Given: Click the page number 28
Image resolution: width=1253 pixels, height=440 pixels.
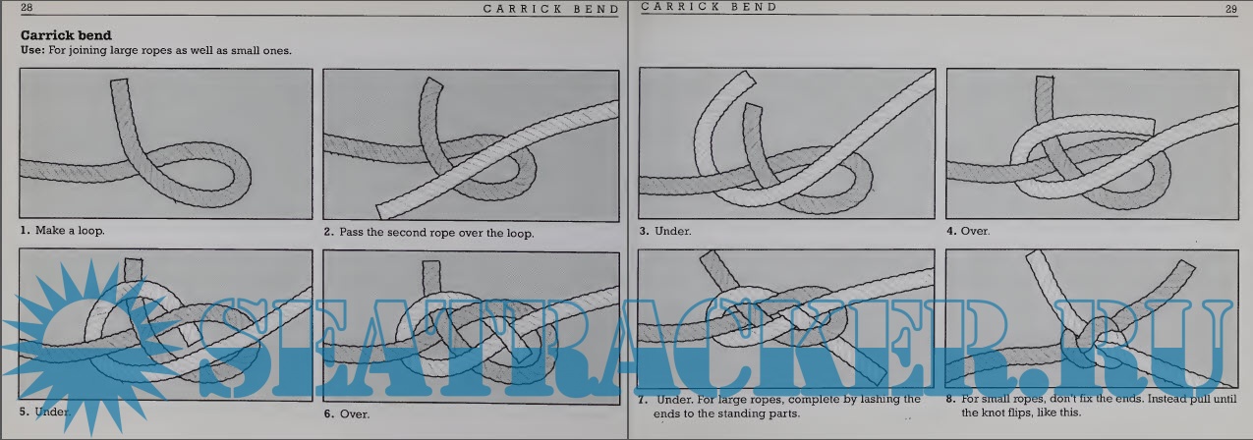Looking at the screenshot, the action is point(27,7).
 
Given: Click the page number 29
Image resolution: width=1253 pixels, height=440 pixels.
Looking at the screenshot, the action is point(1230,9).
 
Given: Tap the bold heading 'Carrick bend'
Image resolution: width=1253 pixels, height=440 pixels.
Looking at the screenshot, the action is point(66,35).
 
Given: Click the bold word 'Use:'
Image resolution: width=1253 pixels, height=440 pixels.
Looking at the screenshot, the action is point(32,50).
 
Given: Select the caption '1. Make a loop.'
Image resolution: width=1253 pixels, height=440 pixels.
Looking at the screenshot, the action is point(63,231).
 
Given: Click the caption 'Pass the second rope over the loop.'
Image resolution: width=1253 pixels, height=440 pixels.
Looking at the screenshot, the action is point(436,233).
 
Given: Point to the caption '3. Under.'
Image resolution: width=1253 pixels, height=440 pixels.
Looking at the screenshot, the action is point(665,231).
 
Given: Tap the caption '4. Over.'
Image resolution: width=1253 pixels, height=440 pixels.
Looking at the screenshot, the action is point(968,231).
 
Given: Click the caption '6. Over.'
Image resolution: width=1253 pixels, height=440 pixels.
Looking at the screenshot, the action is point(346,414).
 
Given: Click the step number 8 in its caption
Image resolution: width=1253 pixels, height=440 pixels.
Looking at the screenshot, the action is point(950,399).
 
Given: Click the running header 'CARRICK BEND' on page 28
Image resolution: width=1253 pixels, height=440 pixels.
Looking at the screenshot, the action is point(551,9).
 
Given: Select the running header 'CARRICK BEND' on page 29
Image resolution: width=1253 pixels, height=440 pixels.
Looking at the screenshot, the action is point(709,7).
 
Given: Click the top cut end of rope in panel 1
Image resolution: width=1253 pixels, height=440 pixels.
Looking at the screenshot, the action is point(119,82).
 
